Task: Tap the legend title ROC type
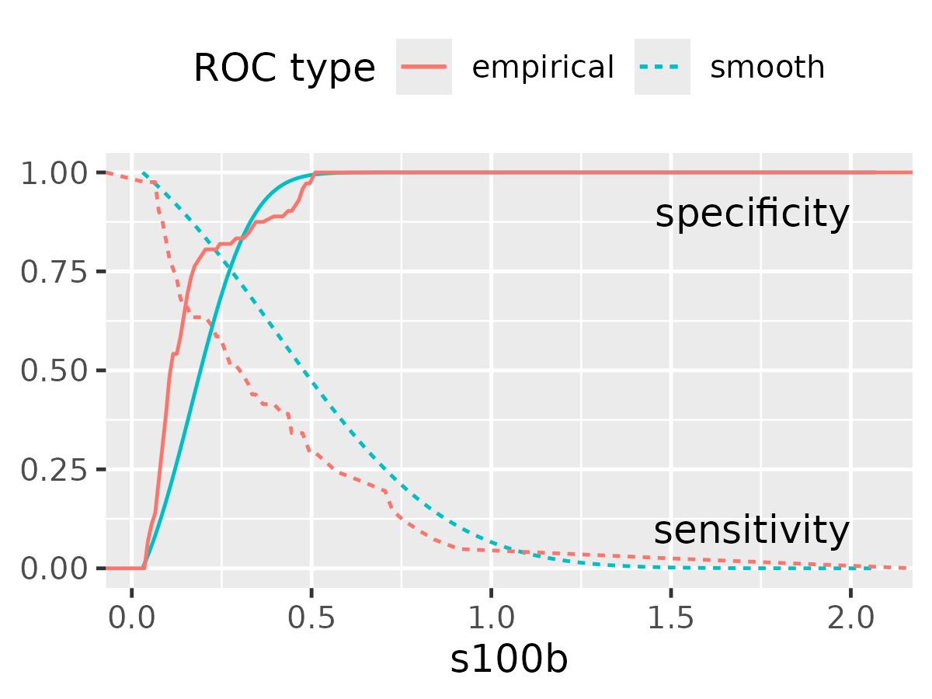click(x=284, y=68)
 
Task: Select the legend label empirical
click(x=543, y=68)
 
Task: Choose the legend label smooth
click(x=767, y=68)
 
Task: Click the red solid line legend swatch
click(x=424, y=68)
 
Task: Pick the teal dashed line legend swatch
click(x=662, y=68)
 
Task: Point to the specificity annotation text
click(x=752, y=214)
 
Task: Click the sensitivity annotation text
click(x=751, y=530)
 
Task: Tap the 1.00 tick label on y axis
click(x=54, y=172)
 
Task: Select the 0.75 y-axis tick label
click(x=54, y=271)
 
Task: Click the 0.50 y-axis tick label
click(x=54, y=370)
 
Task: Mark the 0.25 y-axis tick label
click(x=54, y=469)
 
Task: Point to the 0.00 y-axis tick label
click(x=54, y=569)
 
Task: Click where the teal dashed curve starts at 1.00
click(x=144, y=173)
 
